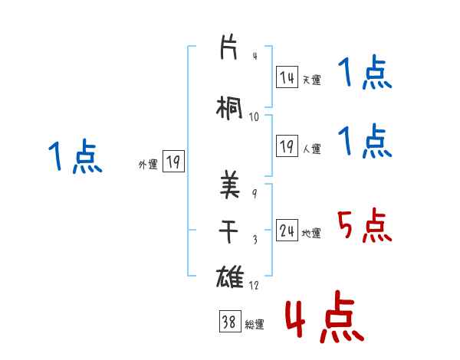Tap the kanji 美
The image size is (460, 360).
(231, 185)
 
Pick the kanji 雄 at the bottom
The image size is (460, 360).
(231, 277)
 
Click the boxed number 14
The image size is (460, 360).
(287, 77)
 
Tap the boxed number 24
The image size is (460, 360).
(287, 231)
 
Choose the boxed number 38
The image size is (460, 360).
(229, 323)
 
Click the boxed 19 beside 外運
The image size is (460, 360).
(173, 162)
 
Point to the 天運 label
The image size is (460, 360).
(311, 80)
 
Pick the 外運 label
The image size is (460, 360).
(147, 164)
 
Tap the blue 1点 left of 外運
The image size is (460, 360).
(75, 157)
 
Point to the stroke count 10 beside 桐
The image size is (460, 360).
(255, 117)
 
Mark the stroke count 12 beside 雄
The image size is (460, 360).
(255, 285)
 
